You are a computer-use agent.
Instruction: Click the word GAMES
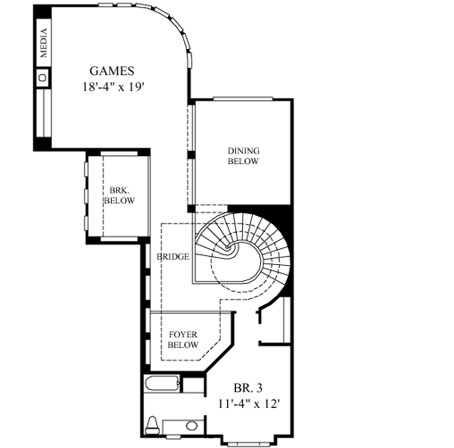(x=112, y=71)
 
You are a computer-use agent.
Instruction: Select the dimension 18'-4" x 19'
(x=112, y=87)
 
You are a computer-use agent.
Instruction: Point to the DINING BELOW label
(x=243, y=156)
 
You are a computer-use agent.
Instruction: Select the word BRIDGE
(x=173, y=257)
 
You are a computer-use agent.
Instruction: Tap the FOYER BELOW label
(x=183, y=338)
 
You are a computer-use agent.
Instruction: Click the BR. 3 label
(x=248, y=388)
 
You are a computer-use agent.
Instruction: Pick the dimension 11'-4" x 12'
(x=248, y=403)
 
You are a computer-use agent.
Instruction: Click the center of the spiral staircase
(x=234, y=253)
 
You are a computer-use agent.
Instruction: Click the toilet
(x=153, y=422)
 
